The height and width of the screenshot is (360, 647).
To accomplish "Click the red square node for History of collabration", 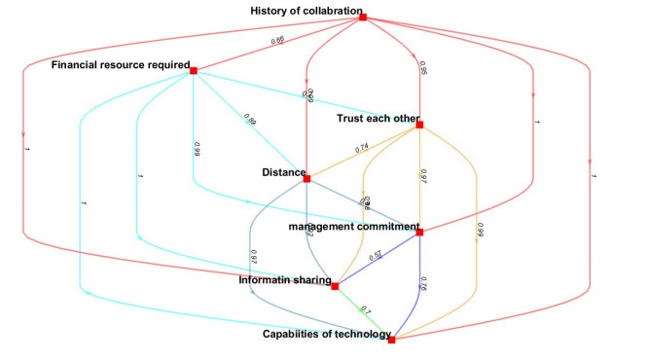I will click(362, 17).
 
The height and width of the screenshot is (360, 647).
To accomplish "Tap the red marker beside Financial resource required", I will click(194, 70).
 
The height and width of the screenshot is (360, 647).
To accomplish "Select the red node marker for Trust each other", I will click(419, 125).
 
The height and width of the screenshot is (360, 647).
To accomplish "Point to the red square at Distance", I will click(306, 178).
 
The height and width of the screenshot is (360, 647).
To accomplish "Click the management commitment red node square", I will click(419, 233).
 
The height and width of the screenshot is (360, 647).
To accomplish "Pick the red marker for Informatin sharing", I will click(335, 286).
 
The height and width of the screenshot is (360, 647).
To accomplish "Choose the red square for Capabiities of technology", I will click(391, 340).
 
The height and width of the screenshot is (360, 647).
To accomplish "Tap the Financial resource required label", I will click(120, 65).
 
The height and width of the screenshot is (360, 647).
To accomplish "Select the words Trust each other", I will click(377, 119).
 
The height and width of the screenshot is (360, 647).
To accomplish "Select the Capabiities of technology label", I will click(324, 335).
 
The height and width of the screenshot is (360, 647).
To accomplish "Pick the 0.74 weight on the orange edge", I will click(362, 148).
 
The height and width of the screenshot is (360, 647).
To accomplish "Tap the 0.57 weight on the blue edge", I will click(377, 255).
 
